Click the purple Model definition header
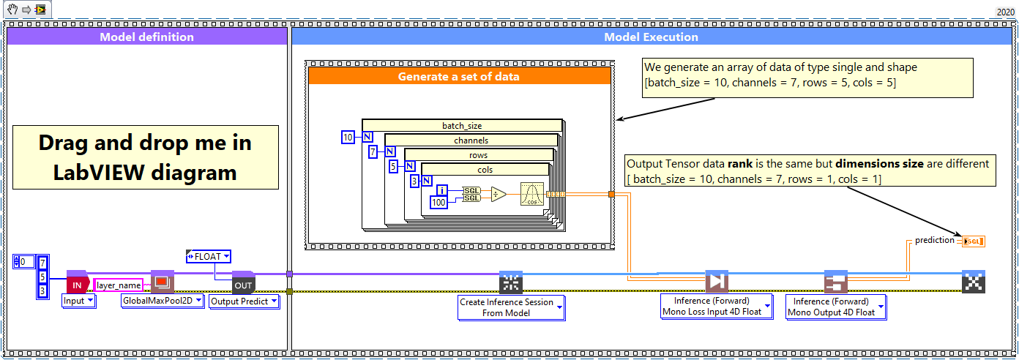click(146, 37)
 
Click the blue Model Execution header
click(650, 37)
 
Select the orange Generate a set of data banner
click(458, 76)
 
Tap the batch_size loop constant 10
click(348, 137)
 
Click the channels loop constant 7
click(372, 151)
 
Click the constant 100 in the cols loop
click(438, 202)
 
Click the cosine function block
click(532, 195)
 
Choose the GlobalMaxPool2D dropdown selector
click(163, 301)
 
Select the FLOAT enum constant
click(209, 256)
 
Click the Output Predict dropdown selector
click(244, 301)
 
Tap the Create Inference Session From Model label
click(511, 307)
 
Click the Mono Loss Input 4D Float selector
click(716, 307)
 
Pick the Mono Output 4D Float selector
click(835, 307)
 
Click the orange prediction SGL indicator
click(973, 241)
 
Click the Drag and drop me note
click(145, 157)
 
